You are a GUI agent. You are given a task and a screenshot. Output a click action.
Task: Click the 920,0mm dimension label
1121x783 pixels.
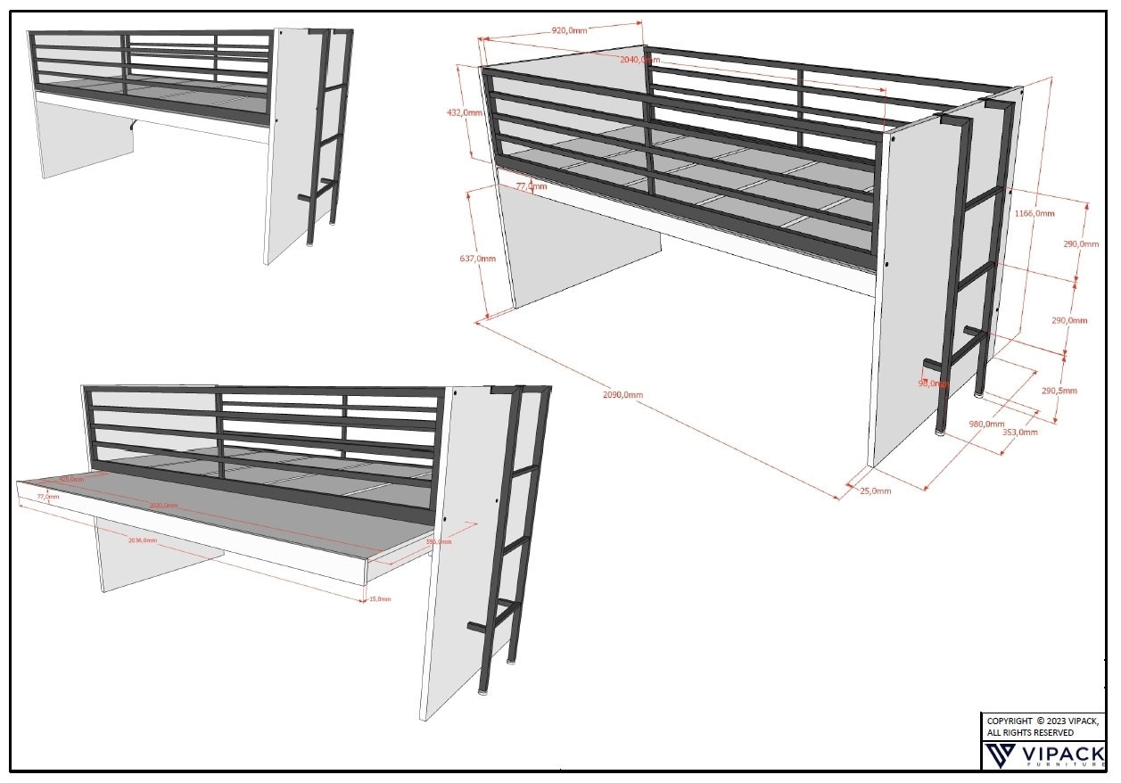click(x=570, y=30)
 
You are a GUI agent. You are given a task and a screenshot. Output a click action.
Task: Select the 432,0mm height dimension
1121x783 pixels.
click(x=464, y=113)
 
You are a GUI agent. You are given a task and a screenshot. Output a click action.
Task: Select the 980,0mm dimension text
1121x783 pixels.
click(x=986, y=424)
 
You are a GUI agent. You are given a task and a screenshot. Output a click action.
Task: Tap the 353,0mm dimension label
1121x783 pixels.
click(x=1019, y=433)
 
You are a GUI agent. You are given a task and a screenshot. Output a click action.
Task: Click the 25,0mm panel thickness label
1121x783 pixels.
click(x=875, y=490)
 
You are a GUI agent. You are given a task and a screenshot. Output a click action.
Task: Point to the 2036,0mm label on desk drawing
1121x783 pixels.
click(x=143, y=540)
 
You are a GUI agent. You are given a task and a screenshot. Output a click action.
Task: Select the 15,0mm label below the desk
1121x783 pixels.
click(x=380, y=599)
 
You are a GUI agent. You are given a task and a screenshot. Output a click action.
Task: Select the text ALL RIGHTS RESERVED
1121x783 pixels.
click(x=1030, y=733)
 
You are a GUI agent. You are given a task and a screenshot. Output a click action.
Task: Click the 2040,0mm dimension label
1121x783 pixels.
click(x=640, y=60)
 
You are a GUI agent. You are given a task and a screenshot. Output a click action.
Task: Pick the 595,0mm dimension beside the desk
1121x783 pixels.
click(x=438, y=541)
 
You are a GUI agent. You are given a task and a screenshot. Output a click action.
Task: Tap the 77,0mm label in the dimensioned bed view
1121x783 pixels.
click(x=532, y=186)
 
